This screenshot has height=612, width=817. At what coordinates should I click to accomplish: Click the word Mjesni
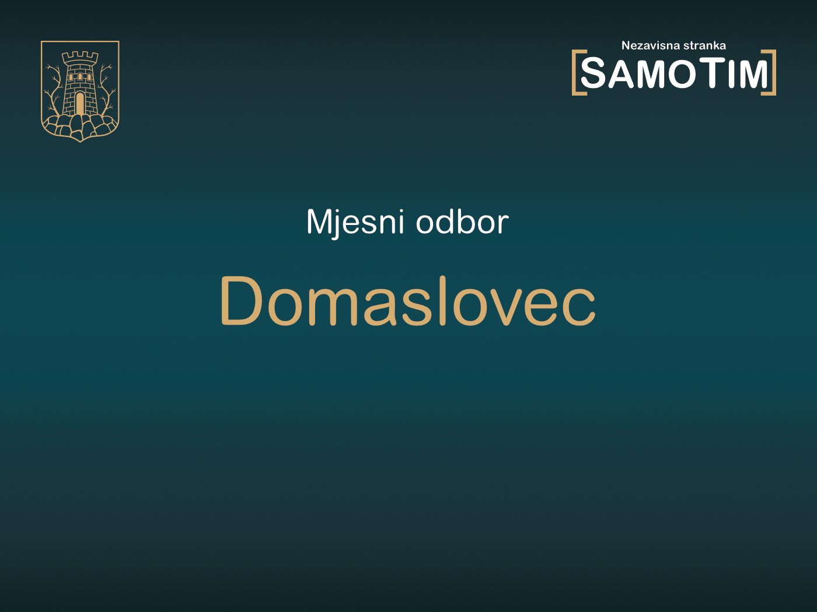355,222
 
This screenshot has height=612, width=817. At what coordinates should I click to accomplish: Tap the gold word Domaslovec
407,301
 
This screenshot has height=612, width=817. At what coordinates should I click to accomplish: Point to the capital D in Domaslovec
240,301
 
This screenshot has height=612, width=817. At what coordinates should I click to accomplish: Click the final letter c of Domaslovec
579,307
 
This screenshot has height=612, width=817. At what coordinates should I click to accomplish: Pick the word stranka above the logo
704,45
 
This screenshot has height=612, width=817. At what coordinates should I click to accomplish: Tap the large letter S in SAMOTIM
594,73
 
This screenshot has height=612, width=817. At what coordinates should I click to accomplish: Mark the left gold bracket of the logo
576,72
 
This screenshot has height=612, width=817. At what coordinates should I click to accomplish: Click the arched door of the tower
80,104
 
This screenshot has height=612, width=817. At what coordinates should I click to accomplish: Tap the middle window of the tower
80,76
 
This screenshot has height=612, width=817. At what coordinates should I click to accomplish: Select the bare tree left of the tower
54,87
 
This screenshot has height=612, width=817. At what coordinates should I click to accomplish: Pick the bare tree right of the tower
106,87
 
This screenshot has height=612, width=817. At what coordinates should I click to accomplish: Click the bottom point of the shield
80,140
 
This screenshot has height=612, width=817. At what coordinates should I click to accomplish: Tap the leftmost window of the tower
71,77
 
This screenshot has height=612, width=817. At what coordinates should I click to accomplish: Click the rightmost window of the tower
89,77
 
